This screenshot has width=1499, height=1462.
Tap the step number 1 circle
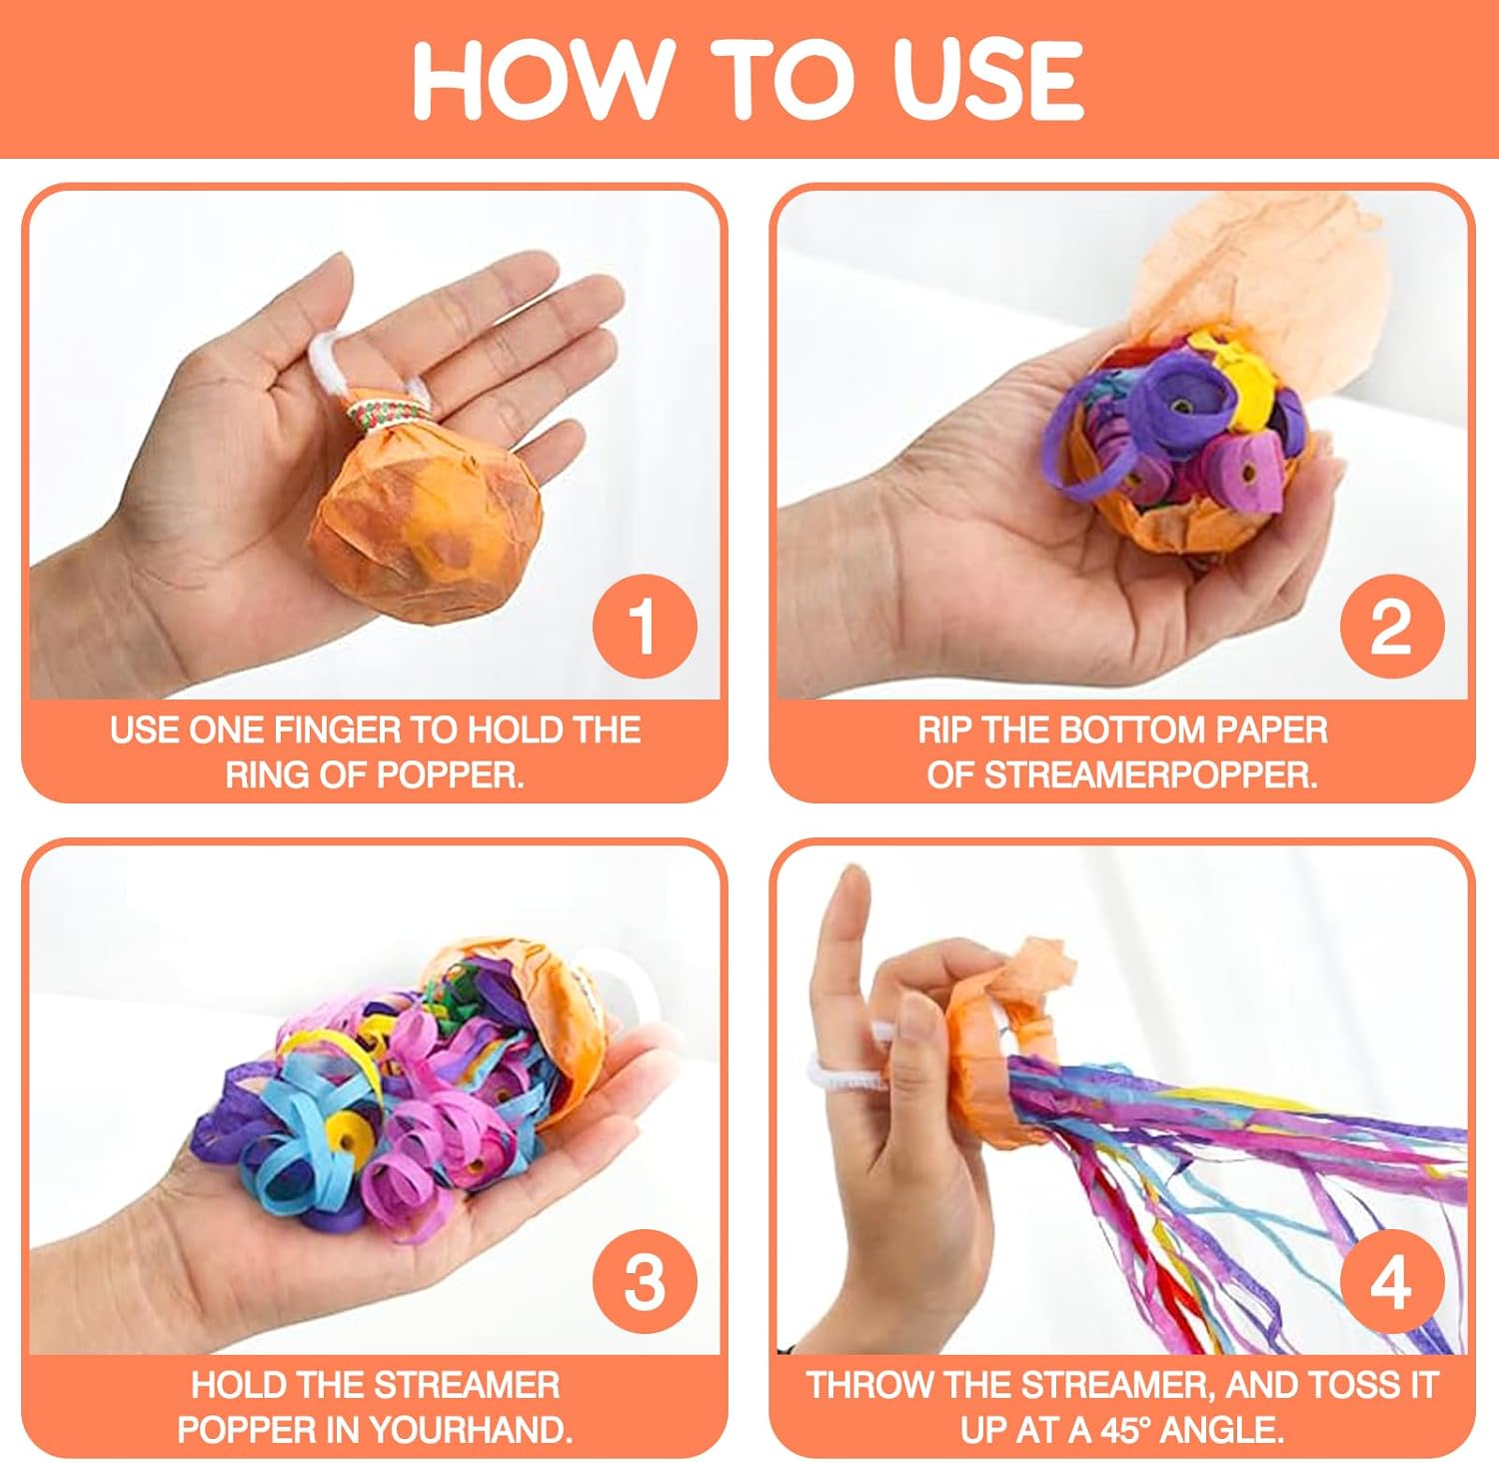tap(644, 626)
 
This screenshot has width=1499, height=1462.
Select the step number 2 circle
tap(1391, 626)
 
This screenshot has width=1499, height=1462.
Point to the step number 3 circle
tap(644, 1280)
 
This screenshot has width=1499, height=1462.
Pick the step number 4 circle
tap(1391, 1280)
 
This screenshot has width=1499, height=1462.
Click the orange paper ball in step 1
tap(428, 525)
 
